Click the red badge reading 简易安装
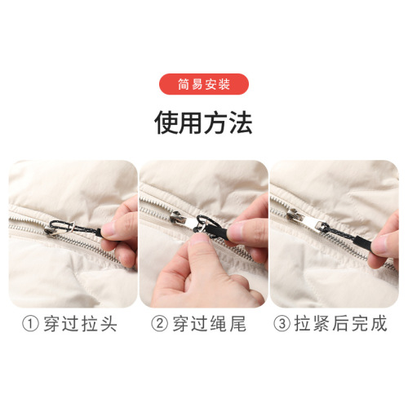[x=203, y=84]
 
